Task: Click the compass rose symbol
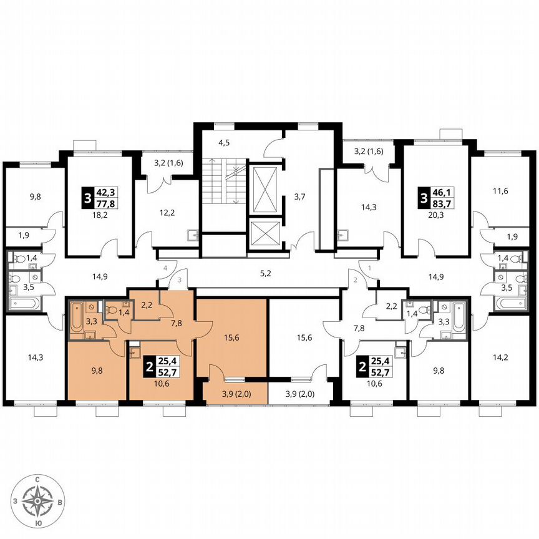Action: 39,500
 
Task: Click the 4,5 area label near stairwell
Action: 224,143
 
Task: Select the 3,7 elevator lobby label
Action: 299,197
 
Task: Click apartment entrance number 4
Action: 165,268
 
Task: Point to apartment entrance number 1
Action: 369,268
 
